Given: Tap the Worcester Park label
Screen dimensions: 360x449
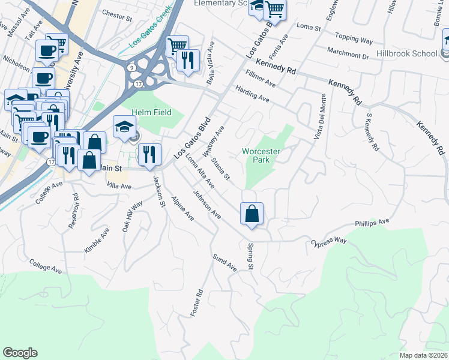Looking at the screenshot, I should (x=262, y=156).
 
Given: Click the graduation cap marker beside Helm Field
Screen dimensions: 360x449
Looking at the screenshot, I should (x=124, y=127).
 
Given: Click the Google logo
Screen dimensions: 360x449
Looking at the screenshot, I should (x=20, y=353).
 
